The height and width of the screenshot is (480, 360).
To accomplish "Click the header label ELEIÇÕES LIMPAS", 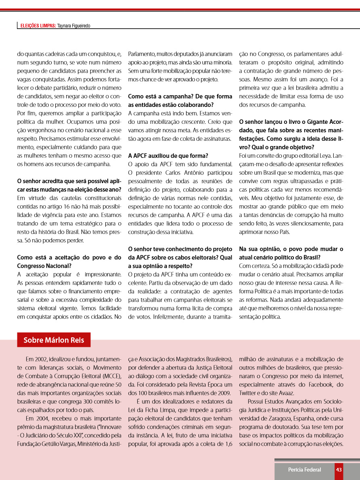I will [x=38, y=26].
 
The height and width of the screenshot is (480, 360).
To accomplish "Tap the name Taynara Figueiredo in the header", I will [x=73, y=26].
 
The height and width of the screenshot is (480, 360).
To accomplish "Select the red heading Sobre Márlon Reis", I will [x=54, y=340].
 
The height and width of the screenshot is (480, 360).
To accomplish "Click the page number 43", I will [x=339, y=470].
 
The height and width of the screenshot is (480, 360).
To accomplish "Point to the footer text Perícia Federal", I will [x=304, y=470].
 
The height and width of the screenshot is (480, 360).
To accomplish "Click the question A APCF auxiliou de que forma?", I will [x=168, y=156].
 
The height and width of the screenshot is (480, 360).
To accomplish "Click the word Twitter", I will [x=248, y=393].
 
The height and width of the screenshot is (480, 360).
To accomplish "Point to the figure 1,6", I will [x=228, y=444].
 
